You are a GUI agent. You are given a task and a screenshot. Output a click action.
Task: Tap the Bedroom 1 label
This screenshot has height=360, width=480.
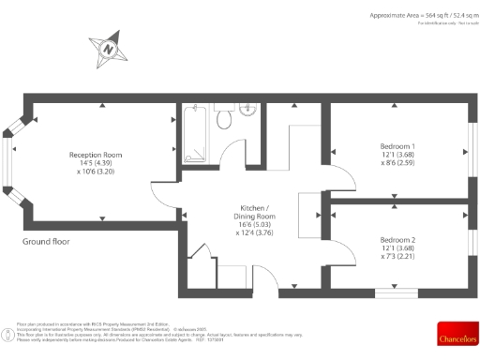click(397, 147)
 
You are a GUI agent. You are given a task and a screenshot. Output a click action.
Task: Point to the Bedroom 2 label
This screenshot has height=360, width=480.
click(397, 240)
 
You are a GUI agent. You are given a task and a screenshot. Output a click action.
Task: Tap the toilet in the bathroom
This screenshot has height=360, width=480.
click(224, 120)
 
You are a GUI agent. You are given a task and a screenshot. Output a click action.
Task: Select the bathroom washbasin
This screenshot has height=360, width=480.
click(248, 108)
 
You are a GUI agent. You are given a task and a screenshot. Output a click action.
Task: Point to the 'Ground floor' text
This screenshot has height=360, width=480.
click(47, 241)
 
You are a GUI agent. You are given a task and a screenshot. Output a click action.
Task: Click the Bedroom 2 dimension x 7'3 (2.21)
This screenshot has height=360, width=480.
click(397, 258)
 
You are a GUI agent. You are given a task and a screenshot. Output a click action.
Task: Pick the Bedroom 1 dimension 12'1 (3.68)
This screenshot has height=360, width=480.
click(397, 156)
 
